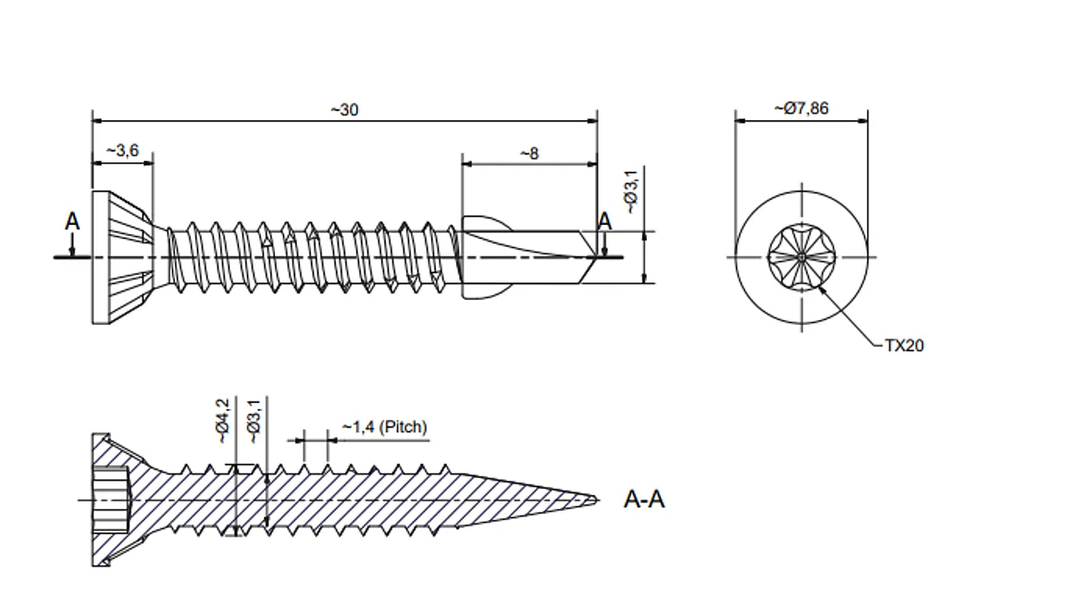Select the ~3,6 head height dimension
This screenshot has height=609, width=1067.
[122, 151]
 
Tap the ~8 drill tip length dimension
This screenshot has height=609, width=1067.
[528, 153]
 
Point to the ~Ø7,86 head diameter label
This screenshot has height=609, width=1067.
[800, 108]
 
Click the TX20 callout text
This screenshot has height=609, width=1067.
[904, 345]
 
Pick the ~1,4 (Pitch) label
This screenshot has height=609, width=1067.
[384, 427]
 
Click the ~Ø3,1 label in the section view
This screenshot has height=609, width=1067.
[254, 420]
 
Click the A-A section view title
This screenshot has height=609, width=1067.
[644, 500]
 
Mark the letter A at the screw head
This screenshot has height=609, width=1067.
[73, 222]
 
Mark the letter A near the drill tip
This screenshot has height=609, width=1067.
[604, 221]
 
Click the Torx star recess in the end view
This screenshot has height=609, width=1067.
[800, 257]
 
